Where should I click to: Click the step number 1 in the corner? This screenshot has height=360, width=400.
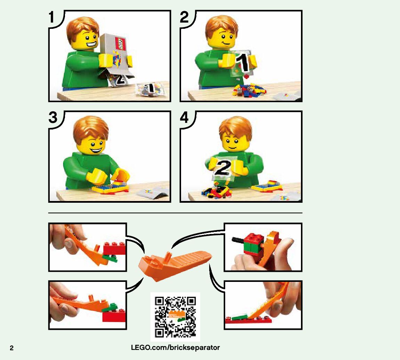[x=51, y=17]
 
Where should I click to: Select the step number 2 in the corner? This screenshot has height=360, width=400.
[x=184, y=17]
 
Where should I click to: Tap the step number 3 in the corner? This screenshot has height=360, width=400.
[x=53, y=117]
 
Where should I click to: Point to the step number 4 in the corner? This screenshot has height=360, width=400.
[x=184, y=117]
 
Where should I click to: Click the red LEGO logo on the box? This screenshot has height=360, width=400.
[x=121, y=43]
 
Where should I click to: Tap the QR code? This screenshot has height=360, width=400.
[x=175, y=317]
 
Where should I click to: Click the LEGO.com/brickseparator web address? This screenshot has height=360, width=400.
[x=175, y=348]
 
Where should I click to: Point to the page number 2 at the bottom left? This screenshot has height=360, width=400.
[x=12, y=348]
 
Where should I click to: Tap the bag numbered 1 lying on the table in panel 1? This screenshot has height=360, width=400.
[x=149, y=89]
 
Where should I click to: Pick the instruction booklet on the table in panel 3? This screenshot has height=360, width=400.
[x=153, y=194]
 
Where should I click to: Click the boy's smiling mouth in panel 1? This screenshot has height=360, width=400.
[x=91, y=44]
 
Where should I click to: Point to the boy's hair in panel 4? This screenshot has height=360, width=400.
[x=236, y=127]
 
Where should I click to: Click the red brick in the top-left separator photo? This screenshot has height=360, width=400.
[x=115, y=248]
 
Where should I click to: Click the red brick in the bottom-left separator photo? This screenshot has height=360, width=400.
[x=114, y=317]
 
